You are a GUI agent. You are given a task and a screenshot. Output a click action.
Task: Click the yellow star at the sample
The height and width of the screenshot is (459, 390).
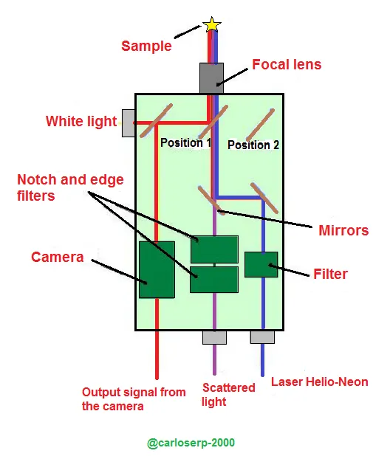(x=211, y=24)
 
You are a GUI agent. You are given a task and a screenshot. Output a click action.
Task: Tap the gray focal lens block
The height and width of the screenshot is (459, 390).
(x=211, y=78)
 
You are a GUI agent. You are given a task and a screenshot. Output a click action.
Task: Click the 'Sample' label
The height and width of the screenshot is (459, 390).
(x=146, y=46)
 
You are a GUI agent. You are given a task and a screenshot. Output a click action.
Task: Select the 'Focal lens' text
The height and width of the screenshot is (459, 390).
(x=287, y=64)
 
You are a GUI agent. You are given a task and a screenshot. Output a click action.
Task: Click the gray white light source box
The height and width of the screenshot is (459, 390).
(x=129, y=123)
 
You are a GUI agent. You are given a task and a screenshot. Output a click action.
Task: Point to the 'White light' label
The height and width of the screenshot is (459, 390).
(x=81, y=121)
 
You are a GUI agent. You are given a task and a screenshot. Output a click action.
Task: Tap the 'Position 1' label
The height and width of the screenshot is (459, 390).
(x=186, y=143)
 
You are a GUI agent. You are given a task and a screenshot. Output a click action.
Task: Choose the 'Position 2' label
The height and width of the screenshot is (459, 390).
(x=253, y=145)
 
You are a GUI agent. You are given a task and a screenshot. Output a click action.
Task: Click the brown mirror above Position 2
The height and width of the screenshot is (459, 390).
(x=260, y=125)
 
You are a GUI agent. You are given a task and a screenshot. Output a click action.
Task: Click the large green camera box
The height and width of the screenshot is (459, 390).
(x=157, y=269)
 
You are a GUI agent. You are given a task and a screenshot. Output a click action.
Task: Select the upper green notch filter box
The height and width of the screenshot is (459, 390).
(x=214, y=249)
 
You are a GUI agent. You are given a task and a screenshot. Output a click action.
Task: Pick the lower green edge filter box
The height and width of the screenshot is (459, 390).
(x=214, y=280)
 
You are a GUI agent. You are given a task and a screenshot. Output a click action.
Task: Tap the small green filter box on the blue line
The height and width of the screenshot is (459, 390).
(x=261, y=264)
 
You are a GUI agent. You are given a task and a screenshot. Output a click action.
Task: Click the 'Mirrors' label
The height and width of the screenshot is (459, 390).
(x=343, y=230)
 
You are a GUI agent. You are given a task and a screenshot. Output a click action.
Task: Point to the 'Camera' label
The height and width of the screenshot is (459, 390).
(x=58, y=257)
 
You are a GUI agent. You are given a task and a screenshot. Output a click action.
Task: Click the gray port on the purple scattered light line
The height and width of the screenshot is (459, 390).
(x=214, y=337)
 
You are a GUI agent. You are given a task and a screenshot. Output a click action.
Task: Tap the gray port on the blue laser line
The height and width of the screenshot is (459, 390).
(x=262, y=337)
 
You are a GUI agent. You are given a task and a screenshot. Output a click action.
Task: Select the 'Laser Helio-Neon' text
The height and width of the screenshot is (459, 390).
(x=319, y=382)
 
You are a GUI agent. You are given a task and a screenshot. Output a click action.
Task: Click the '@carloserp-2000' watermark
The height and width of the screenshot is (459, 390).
(x=191, y=443)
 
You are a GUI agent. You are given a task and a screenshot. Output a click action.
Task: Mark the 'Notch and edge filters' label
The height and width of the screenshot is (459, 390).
(x=70, y=187)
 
